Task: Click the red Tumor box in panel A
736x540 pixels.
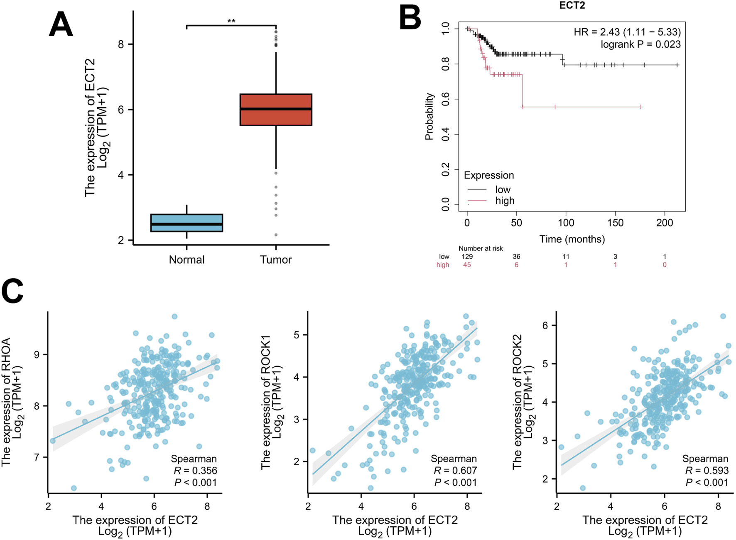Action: pos(276,110)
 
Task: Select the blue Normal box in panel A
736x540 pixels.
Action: pos(186,223)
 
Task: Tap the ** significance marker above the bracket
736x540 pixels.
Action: pos(231,21)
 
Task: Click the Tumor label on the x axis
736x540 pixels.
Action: pos(276,260)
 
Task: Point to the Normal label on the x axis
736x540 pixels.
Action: pos(186,260)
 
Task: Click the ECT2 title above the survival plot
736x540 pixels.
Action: pos(572,6)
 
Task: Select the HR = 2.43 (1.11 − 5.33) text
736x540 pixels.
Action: pos(627,32)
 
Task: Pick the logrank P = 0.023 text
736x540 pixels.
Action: pos(640,44)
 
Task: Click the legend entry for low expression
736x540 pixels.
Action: pos(503,189)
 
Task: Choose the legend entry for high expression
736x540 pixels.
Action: pos(505,201)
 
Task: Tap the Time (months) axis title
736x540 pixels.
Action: pos(572,239)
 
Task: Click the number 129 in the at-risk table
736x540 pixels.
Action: pos(467,257)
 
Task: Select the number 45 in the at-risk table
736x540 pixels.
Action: pos(467,265)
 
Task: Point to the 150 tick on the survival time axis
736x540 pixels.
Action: pos(615,223)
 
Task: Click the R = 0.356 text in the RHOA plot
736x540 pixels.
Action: pos(195,471)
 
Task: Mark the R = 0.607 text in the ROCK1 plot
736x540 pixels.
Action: pos(455,471)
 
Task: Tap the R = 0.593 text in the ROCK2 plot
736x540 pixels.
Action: pos(707,471)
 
